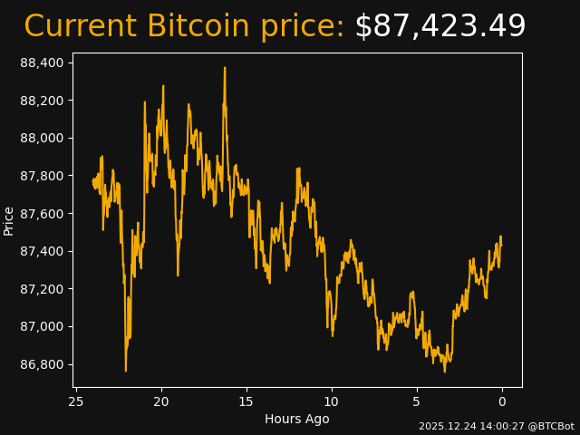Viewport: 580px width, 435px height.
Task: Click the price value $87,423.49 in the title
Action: pyautogui.click(x=440, y=27)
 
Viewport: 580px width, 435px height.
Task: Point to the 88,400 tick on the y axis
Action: pyautogui.click(x=42, y=63)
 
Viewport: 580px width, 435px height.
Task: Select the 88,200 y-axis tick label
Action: pyautogui.click(x=42, y=101)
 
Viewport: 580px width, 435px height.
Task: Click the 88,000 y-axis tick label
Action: pyautogui.click(x=42, y=138)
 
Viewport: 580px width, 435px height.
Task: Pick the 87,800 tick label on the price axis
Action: pyautogui.click(x=42, y=176)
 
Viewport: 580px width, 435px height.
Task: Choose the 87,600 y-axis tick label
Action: pyautogui.click(x=42, y=214)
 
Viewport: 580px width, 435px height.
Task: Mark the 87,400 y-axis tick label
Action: pyautogui.click(x=42, y=251)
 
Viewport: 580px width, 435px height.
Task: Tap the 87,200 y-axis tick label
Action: pyautogui.click(x=42, y=289)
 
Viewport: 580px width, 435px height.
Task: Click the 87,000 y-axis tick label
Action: pyautogui.click(x=42, y=326)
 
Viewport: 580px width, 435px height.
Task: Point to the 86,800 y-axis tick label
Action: pyautogui.click(x=42, y=364)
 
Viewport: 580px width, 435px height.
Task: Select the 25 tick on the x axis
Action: pyautogui.click(x=76, y=401)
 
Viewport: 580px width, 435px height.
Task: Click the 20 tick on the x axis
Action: pyautogui.click(x=161, y=401)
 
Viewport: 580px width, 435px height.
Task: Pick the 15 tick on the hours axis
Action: pyautogui.click(x=246, y=401)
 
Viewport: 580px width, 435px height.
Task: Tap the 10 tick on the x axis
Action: pyautogui.click(x=332, y=401)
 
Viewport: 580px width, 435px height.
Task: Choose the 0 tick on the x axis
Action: pyautogui.click(x=502, y=401)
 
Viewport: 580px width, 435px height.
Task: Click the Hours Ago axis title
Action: pyautogui.click(x=297, y=419)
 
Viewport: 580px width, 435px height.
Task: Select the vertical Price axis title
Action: pyautogui.click(x=9, y=220)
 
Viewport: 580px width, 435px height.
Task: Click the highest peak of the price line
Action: pyautogui.click(x=225, y=68)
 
